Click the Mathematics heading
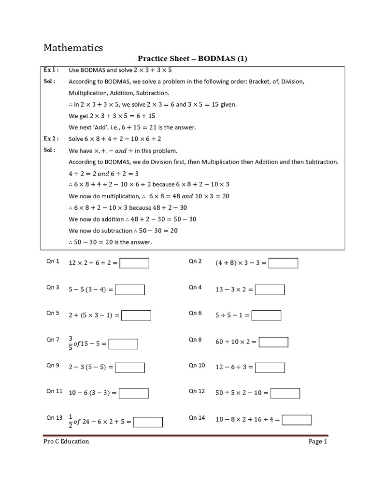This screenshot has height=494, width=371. point(73,47)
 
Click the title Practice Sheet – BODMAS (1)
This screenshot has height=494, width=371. point(192,59)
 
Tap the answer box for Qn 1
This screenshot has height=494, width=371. point(134,263)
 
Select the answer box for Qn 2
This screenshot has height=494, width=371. point(284,263)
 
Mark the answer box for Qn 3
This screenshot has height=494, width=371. point(130,289)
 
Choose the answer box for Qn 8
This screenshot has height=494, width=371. point(273,342)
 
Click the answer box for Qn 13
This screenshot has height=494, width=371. point(148,422)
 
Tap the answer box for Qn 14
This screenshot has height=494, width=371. point(297,420)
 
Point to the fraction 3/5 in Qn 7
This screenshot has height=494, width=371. point(71,343)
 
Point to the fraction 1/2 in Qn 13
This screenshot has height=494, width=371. point(71,421)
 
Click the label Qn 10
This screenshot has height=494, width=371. point(197,365)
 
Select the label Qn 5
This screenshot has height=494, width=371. point(53,313)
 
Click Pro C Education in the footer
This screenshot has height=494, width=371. point(66,441)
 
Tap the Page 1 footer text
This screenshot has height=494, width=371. point(318,441)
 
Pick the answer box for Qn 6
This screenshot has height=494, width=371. point(266,316)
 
